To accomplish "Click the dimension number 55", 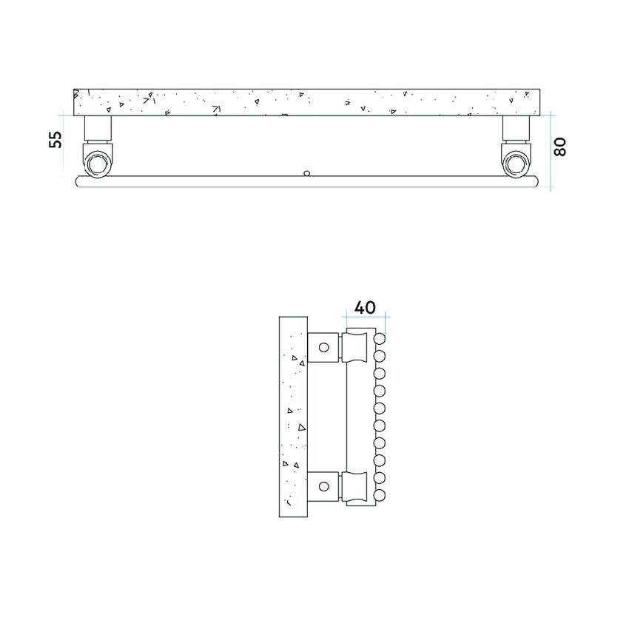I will pos(55,139).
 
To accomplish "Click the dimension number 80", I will pos(559,147).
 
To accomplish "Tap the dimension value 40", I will pos(365,306).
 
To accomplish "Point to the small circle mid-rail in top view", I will pos(306,174).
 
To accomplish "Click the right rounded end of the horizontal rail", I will pos(539,181).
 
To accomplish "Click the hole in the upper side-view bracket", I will pos(323,347).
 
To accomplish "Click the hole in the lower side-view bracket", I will pos(323,487).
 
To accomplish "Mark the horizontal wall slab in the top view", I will pos(311,101).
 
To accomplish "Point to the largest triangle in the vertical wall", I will pos(300,427).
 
